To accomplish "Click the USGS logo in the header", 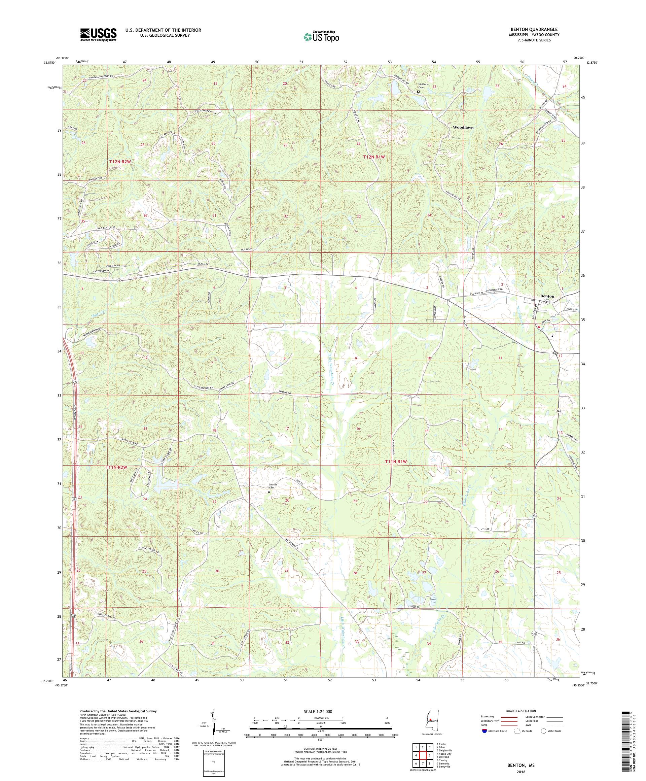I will tap(98, 35).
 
